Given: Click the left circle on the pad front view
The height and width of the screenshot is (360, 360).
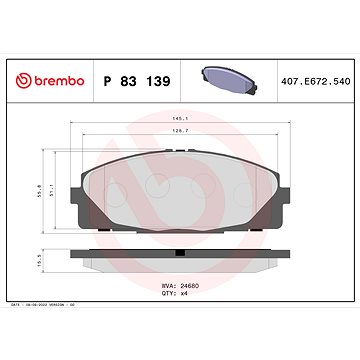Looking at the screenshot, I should (116, 186).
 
